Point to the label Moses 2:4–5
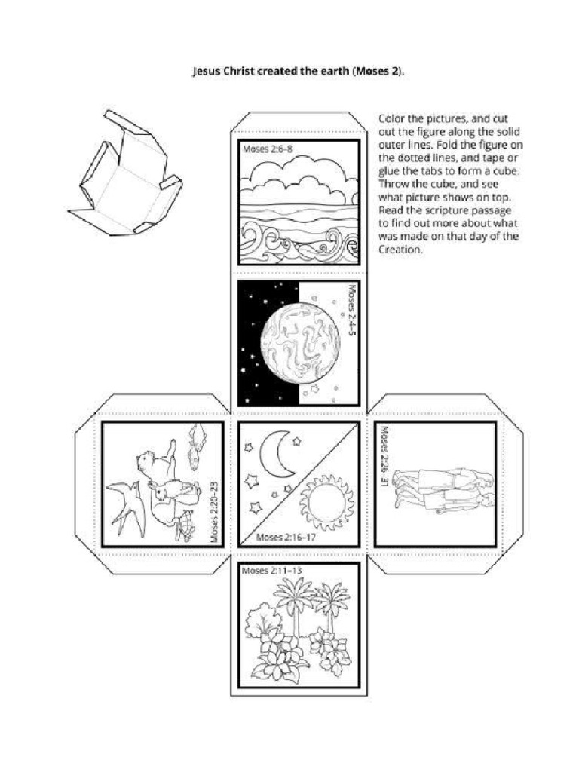click(354, 312)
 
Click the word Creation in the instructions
click(399, 250)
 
